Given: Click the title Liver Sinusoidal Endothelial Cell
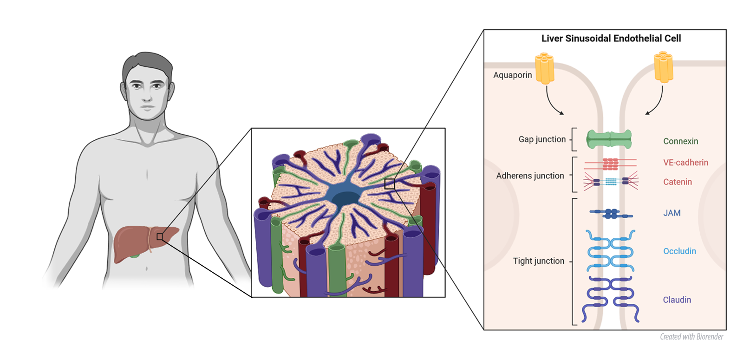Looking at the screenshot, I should pyautogui.click(x=611, y=39).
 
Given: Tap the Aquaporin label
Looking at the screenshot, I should pyautogui.click(x=512, y=75).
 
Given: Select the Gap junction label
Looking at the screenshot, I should pyautogui.click(x=542, y=139).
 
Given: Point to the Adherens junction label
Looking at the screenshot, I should pyautogui.click(x=530, y=176).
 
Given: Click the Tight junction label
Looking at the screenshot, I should pyautogui.click(x=538, y=261).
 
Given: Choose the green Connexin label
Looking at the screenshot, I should pyautogui.click(x=680, y=141).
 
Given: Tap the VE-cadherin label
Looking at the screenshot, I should pyautogui.click(x=685, y=163).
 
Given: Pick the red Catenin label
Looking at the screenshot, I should pyautogui.click(x=677, y=182).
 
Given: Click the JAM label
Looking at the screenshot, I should pyautogui.click(x=671, y=213).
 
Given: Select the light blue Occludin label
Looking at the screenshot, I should pyautogui.click(x=679, y=251).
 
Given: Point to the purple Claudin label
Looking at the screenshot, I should pyautogui.click(x=677, y=300).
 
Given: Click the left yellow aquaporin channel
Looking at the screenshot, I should pyautogui.click(x=544, y=69).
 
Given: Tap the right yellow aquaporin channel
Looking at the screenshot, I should pyautogui.click(x=663, y=67).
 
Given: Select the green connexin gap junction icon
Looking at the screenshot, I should pyautogui.click(x=609, y=139).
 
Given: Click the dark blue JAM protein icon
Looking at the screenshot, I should pyautogui.click(x=611, y=214).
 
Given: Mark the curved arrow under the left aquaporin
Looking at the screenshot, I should pyautogui.click(x=553, y=102).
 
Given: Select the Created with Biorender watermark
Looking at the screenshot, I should pyautogui.click(x=691, y=337).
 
